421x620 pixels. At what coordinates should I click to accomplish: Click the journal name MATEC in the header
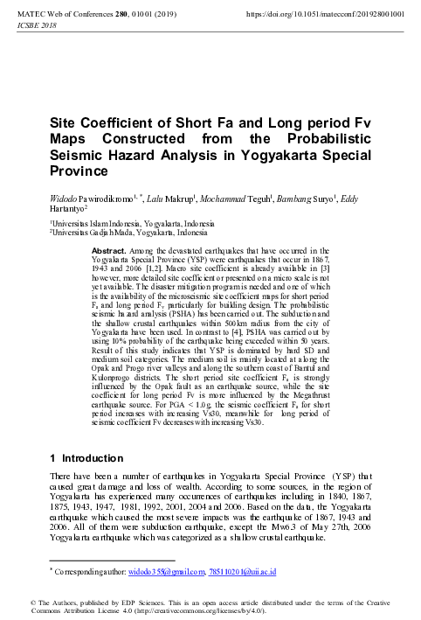36,15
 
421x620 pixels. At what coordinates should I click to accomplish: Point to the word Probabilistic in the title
303,140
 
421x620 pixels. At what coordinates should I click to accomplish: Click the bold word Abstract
109,250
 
